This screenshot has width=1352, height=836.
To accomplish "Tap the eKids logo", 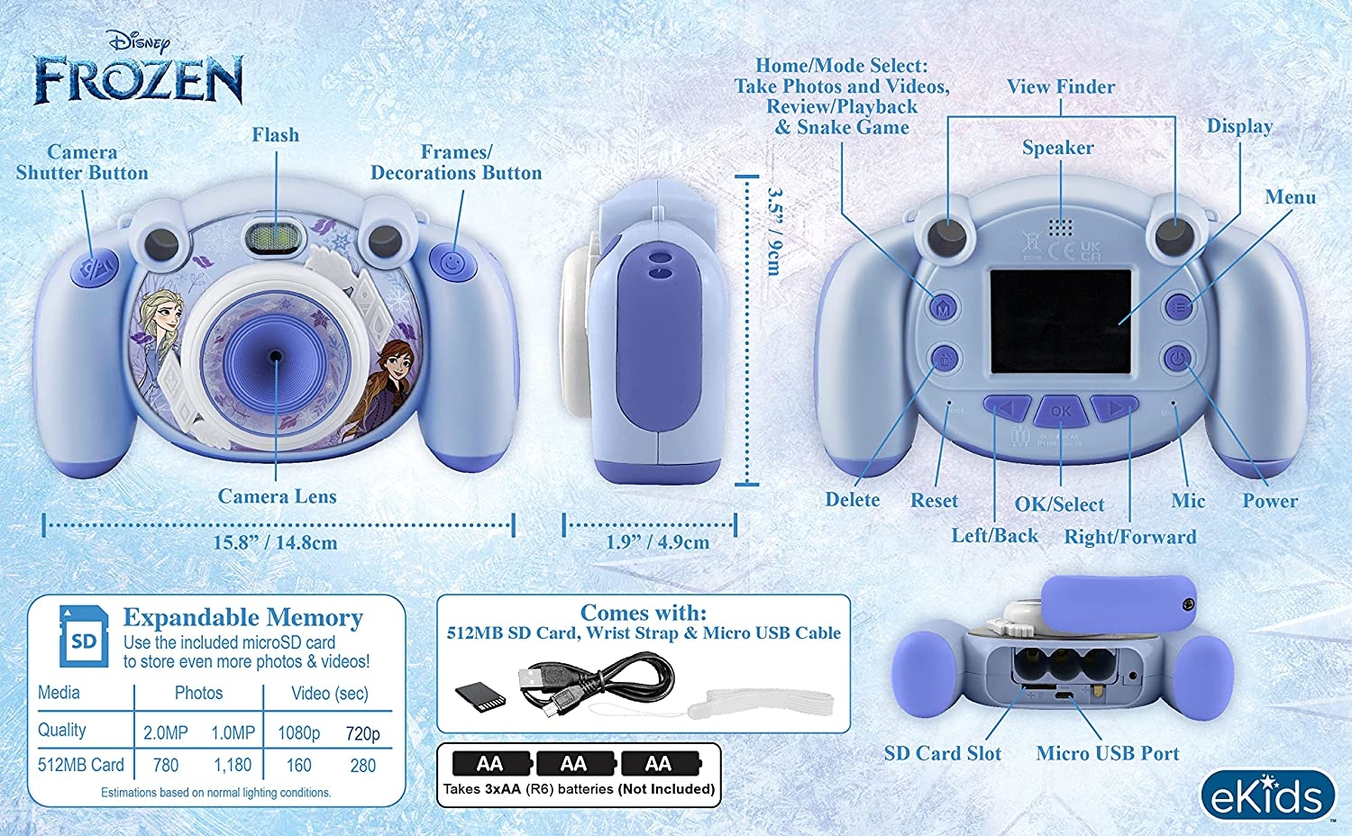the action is click(1267, 795).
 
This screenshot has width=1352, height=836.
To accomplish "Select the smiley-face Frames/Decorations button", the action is click(452, 263).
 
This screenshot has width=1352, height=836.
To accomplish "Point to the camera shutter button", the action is click(95, 268).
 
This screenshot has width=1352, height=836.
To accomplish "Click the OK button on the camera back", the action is click(1061, 411).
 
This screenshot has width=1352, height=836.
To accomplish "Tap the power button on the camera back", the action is click(1177, 359).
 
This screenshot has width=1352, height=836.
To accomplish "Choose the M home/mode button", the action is click(944, 308).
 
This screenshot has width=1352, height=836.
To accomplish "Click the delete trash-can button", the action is click(945, 359).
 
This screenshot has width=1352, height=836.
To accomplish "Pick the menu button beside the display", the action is click(1179, 307).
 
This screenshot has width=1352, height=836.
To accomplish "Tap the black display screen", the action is click(1061, 322).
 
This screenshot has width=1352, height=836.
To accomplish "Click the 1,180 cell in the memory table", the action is click(233, 765).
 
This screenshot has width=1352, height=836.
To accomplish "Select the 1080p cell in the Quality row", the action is click(298, 733).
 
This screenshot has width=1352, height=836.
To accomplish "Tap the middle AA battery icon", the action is click(575, 764).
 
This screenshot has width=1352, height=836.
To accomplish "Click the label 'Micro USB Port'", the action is click(1108, 753).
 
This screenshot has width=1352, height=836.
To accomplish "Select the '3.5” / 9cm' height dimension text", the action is click(774, 231).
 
